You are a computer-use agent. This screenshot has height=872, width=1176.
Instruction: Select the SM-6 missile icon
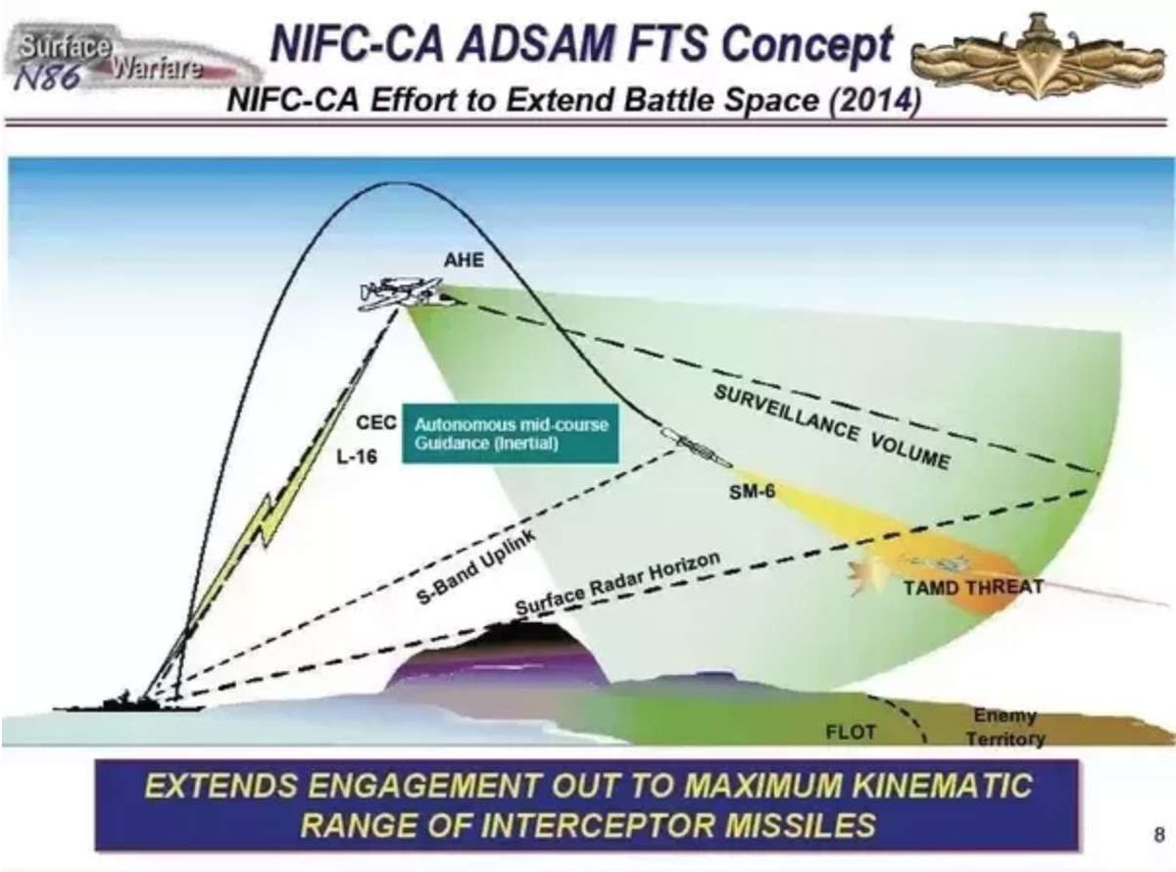pos(695,447)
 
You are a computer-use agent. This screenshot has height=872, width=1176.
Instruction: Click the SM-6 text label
pos(753,491)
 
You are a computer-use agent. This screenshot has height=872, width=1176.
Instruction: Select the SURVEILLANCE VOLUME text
pos(831,427)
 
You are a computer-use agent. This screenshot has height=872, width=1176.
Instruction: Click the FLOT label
pos(851,732)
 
